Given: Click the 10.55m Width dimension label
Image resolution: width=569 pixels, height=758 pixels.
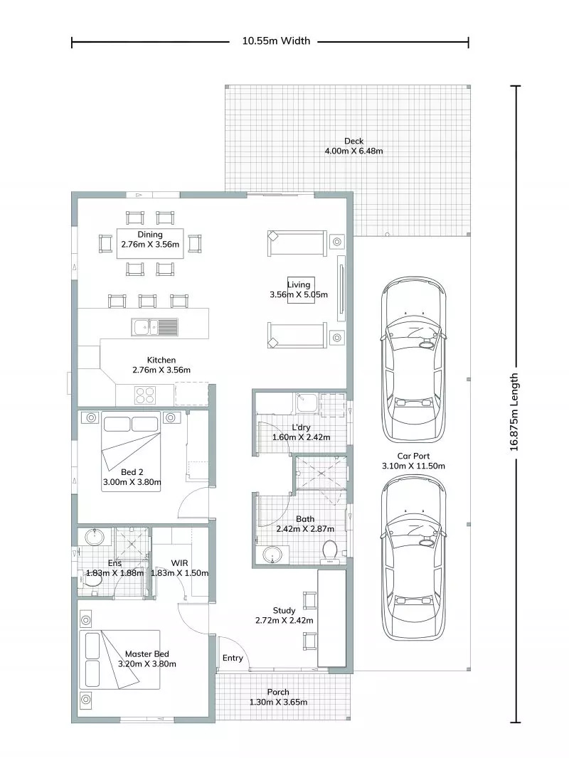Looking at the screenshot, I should tap(276, 41).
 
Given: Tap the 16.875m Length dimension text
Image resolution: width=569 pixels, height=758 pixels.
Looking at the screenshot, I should tap(517, 412).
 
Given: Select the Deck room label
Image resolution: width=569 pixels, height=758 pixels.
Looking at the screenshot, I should tap(353, 146).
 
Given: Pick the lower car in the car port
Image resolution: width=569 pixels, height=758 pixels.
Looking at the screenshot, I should tap(413, 557).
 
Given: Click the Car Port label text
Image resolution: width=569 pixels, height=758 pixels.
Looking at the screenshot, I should tap(413, 461).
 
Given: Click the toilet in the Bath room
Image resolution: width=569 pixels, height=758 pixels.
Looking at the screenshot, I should tap(329, 552).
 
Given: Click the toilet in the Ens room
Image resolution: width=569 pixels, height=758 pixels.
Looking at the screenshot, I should tap(92, 581).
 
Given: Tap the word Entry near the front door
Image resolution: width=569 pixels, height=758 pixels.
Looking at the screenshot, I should tap(233, 658).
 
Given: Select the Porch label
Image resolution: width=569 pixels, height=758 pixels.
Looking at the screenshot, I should tap(278, 697).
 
